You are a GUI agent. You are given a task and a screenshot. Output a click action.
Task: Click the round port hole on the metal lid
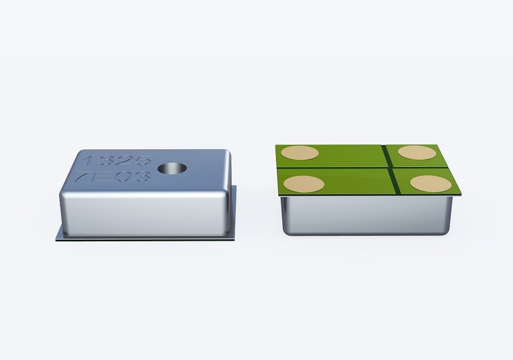click(172, 168)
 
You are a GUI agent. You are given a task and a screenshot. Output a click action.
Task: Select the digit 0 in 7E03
click(122, 177)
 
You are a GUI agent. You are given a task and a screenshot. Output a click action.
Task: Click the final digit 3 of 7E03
click(141, 177)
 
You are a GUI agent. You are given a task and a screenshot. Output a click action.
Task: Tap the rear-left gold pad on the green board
click(300, 153)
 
